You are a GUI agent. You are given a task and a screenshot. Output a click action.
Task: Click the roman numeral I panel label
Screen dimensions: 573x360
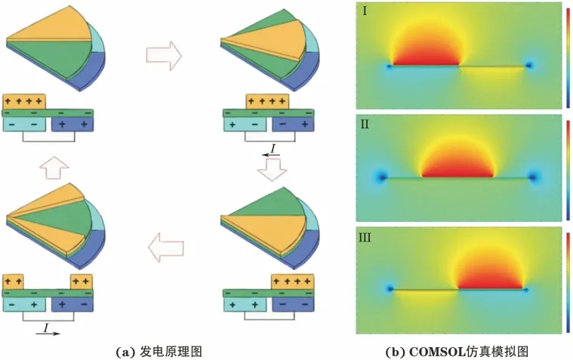(365, 11)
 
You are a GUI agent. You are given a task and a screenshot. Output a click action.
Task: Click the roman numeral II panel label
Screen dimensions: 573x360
(365, 125)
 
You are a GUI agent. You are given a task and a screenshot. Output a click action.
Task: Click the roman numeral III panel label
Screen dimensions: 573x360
(365, 238)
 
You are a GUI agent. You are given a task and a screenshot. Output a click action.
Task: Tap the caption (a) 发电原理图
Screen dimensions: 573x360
(159, 352)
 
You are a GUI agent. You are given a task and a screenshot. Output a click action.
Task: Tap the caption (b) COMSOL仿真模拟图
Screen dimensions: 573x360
(457, 352)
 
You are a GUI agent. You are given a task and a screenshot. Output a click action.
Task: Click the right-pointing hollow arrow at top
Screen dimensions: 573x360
(164, 56)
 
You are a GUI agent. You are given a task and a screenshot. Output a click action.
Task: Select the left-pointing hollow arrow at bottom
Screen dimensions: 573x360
(166, 248)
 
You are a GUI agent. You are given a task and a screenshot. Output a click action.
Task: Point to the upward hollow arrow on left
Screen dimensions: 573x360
(54, 168)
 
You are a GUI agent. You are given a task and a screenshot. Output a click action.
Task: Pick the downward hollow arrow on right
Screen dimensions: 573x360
(272, 170)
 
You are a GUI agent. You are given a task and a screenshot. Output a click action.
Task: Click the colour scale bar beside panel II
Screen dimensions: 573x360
(568, 171)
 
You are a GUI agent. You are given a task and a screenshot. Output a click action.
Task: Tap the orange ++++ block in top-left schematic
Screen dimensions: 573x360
(24, 101)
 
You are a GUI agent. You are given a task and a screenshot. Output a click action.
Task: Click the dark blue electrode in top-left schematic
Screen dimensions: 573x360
(72, 125)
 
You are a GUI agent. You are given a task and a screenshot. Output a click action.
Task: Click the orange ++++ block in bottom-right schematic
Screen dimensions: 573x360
(292, 282)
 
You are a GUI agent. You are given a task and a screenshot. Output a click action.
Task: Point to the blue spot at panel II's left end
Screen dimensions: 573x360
(382, 177)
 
